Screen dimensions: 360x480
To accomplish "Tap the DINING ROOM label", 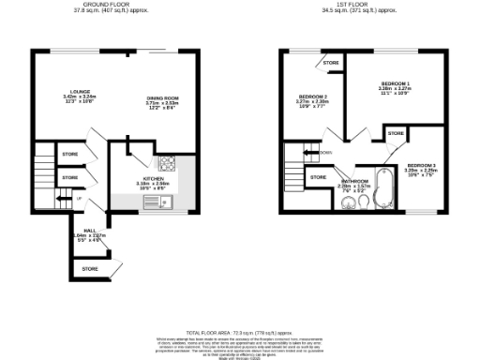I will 161,97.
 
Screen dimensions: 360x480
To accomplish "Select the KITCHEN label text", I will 155,177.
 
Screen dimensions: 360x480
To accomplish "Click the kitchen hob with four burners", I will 167,161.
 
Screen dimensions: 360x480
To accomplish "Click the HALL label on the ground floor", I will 89,230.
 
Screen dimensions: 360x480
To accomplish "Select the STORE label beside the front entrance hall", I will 89,268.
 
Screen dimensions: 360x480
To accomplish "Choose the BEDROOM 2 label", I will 312,97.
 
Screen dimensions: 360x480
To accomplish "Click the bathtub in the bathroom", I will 382,186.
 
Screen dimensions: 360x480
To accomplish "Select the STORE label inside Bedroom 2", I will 330,63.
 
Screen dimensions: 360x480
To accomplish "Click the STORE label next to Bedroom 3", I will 396,134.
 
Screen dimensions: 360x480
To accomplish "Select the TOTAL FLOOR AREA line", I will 239,333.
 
